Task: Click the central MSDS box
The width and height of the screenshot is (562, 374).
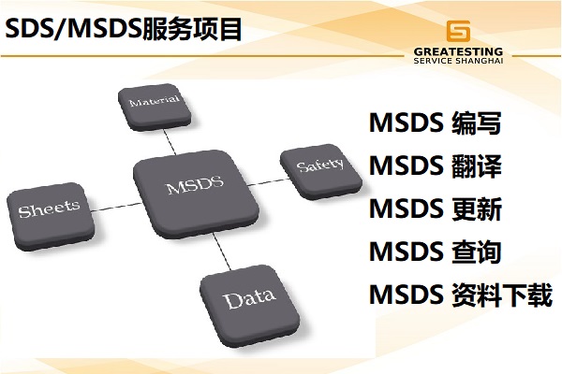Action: [196, 194]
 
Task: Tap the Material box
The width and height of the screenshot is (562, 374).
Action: [155, 107]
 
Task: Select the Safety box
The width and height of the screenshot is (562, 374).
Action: [321, 171]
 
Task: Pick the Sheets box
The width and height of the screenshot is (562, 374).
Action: [51, 216]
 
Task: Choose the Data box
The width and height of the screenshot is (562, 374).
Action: [250, 306]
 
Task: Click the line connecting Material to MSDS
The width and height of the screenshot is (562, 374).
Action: [170, 142]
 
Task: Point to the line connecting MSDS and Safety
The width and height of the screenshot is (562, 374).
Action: [268, 181]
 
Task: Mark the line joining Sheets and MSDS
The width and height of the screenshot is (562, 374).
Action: [116, 208]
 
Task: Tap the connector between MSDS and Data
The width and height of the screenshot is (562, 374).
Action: [221, 252]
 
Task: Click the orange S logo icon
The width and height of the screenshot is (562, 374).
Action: [458, 31]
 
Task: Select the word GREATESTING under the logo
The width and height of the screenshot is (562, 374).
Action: [458, 52]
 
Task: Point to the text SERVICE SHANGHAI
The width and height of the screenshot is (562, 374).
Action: [458, 61]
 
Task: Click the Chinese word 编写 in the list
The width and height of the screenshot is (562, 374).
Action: [477, 123]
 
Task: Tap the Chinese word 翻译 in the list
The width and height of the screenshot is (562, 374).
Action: [477, 166]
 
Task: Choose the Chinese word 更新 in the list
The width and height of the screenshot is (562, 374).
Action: [477, 209]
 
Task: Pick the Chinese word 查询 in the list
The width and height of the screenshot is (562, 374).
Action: [477, 252]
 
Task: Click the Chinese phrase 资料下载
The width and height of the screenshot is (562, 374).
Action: [502, 295]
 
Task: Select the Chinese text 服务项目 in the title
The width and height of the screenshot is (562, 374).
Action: [192, 29]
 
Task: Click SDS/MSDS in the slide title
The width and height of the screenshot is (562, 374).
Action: [73, 29]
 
